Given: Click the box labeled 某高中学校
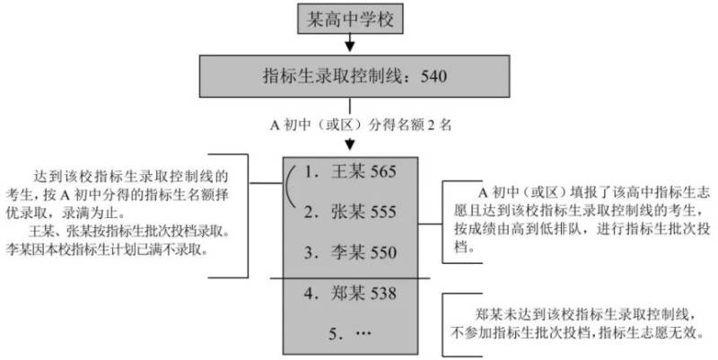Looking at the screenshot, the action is pyautogui.click(x=350, y=19).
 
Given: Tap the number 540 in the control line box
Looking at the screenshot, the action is pyautogui.click(x=433, y=76).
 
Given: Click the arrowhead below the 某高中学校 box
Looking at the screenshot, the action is pyautogui.click(x=350, y=47).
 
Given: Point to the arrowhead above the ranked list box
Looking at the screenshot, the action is pyautogui.click(x=350, y=145).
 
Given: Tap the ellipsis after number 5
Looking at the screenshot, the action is pyautogui.click(x=363, y=333).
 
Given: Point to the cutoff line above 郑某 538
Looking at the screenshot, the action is pyautogui.click(x=350, y=278).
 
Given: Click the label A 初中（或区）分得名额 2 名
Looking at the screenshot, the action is pyautogui.click(x=361, y=125).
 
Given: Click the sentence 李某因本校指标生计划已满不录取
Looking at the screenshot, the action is pyautogui.click(x=107, y=250).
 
